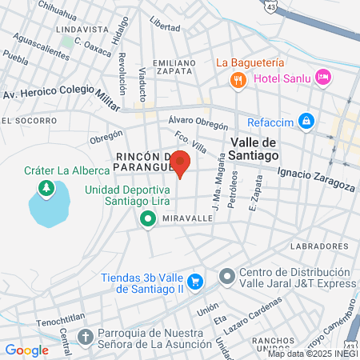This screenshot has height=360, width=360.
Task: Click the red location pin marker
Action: tap(181, 163)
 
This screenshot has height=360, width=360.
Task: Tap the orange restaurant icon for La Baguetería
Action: tap(237, 80)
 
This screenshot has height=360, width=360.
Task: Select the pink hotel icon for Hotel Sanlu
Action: tap(323, 78)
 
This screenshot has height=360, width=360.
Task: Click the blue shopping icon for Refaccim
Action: tap(305, 121)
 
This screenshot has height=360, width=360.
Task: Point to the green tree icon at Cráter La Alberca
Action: tap(47, 188)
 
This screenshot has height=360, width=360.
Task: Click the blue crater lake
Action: tap(50, 206)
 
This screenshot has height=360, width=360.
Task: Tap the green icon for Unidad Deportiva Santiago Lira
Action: tap(147, 219)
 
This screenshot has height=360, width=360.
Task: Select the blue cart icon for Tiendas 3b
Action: tap(200, 282)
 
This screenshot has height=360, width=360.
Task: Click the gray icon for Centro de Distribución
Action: tap(227, 277)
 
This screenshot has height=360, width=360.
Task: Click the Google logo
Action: tap(26, 350)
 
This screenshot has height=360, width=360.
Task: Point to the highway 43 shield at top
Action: tap(274, 5)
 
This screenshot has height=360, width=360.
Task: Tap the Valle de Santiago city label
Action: tap(259, 148)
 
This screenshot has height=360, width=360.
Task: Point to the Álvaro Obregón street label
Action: tap(199, 121)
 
